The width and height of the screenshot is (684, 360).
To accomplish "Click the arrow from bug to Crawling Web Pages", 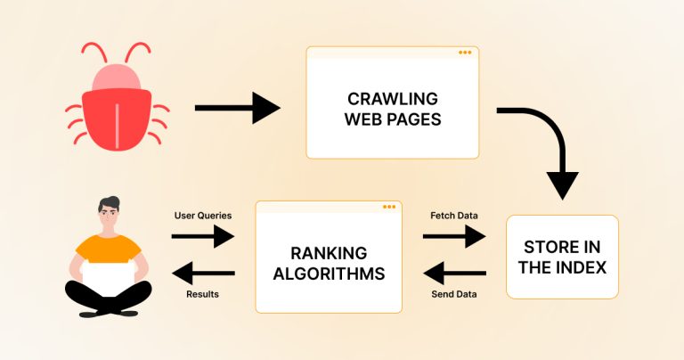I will point(236,108).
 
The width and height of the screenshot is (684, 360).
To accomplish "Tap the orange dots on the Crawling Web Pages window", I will point(465,53).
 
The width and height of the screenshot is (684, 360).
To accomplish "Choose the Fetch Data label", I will point(454,216).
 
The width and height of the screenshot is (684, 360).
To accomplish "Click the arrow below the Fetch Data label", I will point(453,236).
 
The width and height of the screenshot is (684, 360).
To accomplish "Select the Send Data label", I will point(454,293).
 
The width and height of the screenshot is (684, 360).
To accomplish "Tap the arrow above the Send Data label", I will point(453,274).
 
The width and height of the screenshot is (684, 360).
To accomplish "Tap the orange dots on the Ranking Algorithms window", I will point(388,207).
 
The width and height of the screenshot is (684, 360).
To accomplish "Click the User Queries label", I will point(202,216).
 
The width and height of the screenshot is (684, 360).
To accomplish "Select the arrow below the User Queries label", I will point(202,236).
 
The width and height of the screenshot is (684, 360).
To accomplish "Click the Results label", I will point(202,293).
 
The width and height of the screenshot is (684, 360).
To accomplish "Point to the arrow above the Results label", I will point(202,274).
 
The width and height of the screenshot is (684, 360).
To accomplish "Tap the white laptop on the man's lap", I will point(109,275).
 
